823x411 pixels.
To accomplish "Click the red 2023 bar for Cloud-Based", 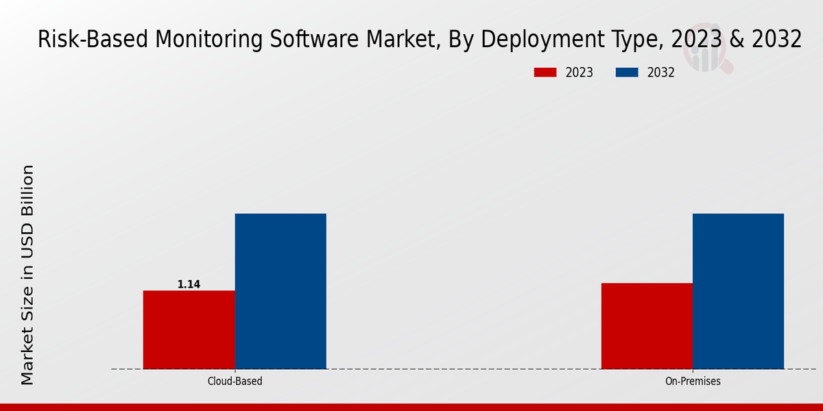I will pyautogui.click(x=189, y=329).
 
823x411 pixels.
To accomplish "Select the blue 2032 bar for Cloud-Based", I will pyautogui.click(x=281, y=291).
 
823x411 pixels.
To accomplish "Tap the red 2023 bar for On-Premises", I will pyautogui.click(x=647, y=326).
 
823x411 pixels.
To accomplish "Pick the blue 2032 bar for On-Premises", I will pyautogui.click(x=738, y=291).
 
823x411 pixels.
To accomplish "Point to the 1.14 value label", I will pyautogui.click(x=189, y=284).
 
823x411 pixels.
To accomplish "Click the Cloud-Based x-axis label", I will pyautogui.click(x=235, y=382).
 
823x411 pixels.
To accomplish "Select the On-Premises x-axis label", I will pyautogui.click(x=693, y=382).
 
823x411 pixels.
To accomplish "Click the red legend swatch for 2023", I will pyautogui.click(x=545, y=73).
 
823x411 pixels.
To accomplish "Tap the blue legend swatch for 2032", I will pyautogui.click(x=628, y=73).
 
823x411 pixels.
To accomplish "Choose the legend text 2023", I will pyautogui.click(x=580, y=73).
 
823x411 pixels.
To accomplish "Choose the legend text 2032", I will pyautogui.click(x=661, y=73).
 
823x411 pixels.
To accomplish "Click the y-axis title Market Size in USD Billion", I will pyautogui.click(x=27, y=274).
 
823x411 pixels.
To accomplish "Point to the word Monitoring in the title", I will pyautogui.click(x=207, y=40).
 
